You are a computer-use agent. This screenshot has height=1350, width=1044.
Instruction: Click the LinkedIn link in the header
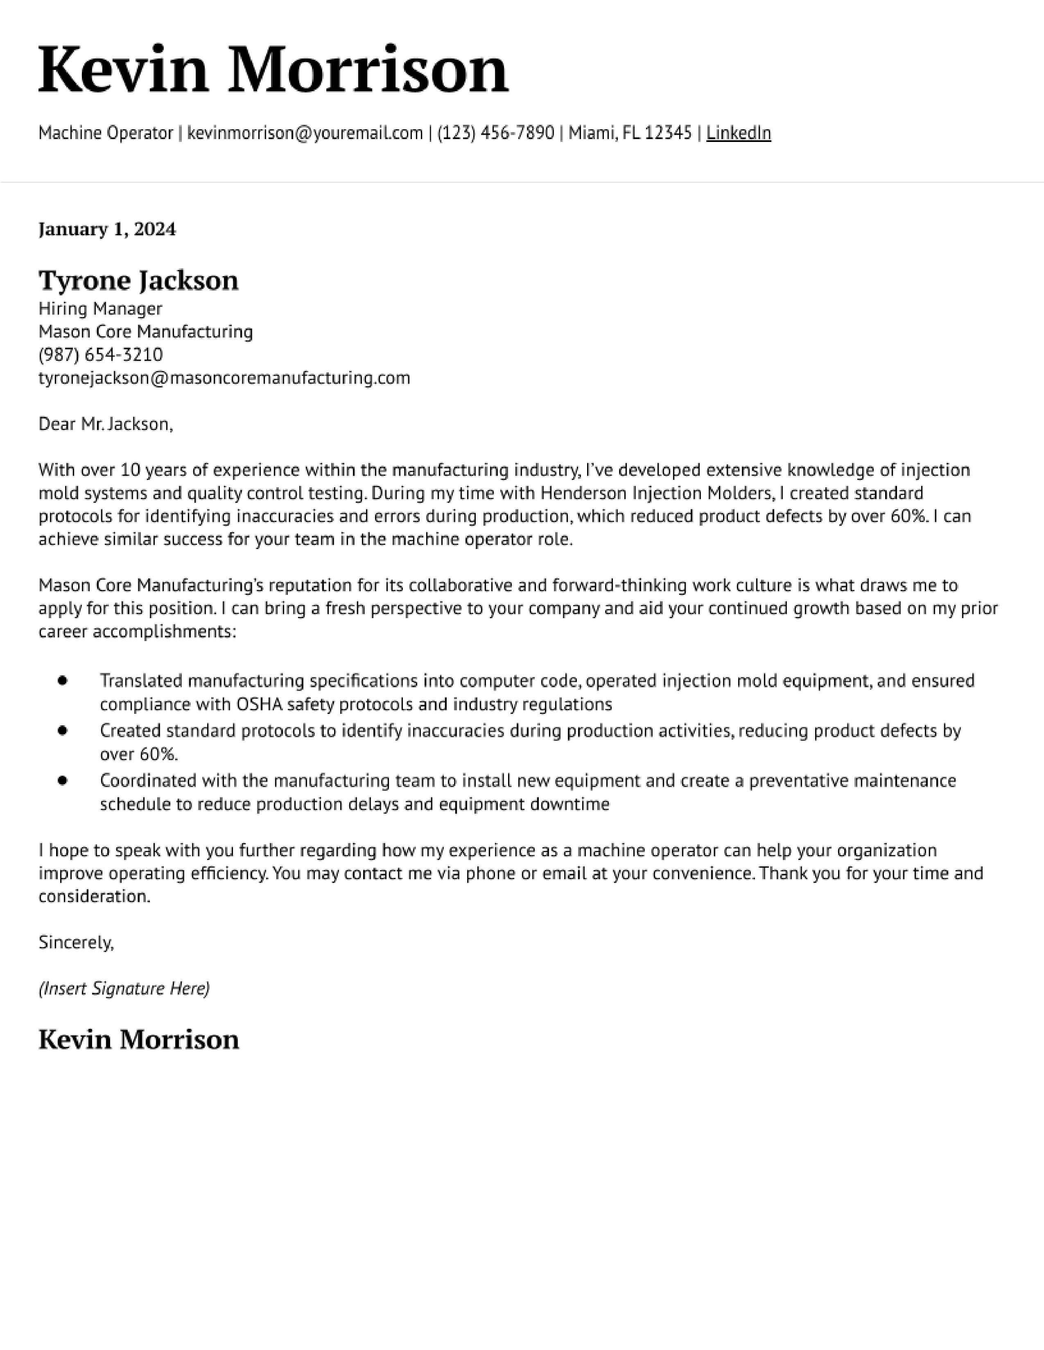(x=739, y=133)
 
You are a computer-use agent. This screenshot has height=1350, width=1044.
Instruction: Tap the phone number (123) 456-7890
(x=495, y=133)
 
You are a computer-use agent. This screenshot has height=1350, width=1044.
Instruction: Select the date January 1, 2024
(x=107, y=229)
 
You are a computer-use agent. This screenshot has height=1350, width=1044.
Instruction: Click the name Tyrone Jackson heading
(x=138, y=281)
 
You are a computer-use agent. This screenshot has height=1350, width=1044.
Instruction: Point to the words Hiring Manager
(x=100, y=308)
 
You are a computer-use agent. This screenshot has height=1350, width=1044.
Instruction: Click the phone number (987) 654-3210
(x=101, y=355)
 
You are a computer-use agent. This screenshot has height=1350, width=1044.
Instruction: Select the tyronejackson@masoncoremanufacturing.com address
(x=224, y=378)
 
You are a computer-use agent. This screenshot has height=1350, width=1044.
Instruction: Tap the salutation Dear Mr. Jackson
(x=105, y=424)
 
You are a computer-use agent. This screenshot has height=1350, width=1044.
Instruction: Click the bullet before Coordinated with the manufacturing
(x=62, y=781)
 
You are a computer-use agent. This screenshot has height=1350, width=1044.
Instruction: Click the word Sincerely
(x=75, y=943)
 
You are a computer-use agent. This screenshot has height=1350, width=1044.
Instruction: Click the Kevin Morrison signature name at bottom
(x=138, y=1039)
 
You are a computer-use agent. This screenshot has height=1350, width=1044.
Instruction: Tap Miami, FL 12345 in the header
(x=630, y=133)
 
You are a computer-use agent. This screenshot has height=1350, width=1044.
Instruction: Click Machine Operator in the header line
(x=106, y=133)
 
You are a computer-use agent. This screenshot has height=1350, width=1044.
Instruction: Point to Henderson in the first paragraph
(x=583, y=493)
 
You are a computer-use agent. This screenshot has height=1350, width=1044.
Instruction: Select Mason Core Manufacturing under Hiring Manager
(x=145, y=332)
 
